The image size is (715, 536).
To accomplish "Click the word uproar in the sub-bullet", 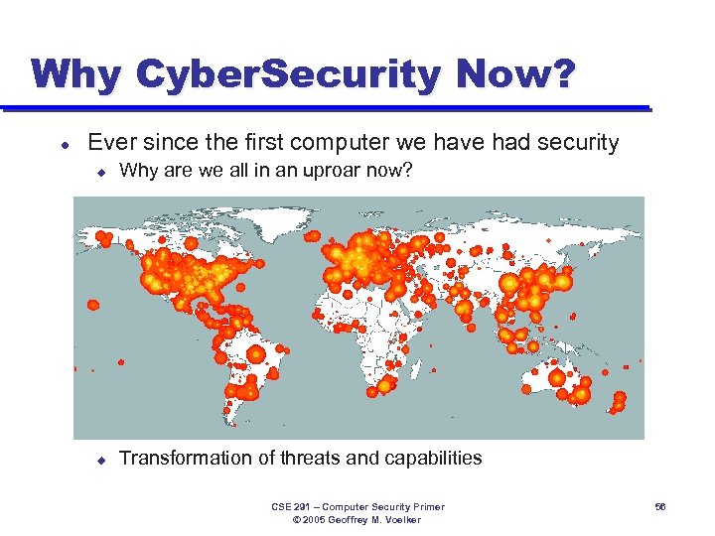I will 325,171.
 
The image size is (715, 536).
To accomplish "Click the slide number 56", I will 660,507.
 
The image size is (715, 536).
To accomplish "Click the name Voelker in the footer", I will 401,520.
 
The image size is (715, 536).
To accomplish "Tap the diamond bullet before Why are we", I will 100,172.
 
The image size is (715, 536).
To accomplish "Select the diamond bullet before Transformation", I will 100,459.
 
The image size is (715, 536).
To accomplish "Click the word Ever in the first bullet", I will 111,143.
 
